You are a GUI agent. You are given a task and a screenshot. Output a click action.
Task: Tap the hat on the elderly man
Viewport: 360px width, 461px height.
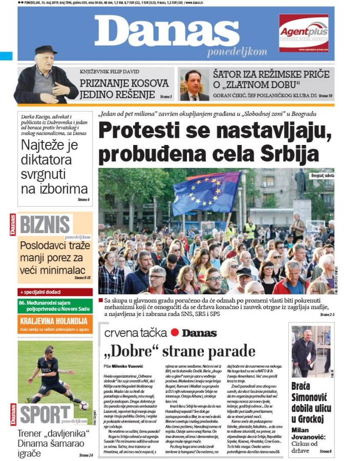[x=46, y=50]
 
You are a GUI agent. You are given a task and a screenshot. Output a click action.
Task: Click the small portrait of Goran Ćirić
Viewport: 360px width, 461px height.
[x=194, y=85]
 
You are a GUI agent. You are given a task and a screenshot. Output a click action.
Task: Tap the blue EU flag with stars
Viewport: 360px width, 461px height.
[x=207, y=192]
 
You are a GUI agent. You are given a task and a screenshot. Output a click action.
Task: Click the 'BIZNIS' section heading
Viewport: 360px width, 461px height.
[x=46, y=224]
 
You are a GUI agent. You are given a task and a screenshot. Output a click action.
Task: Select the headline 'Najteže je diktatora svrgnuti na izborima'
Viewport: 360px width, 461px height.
[x=54, y=166]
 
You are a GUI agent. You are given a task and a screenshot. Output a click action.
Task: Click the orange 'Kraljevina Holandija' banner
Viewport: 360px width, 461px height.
[x=54, y=321]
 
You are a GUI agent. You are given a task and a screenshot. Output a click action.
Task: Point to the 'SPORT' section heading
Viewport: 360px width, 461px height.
[x=46, y=414]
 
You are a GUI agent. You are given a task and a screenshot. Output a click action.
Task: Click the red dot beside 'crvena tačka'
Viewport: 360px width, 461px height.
[x=175, y=332]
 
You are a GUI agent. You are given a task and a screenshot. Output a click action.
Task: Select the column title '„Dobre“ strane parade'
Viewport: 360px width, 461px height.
[x=179, y=351]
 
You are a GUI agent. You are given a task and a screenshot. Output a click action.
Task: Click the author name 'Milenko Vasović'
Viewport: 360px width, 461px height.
[x=128, y=366]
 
